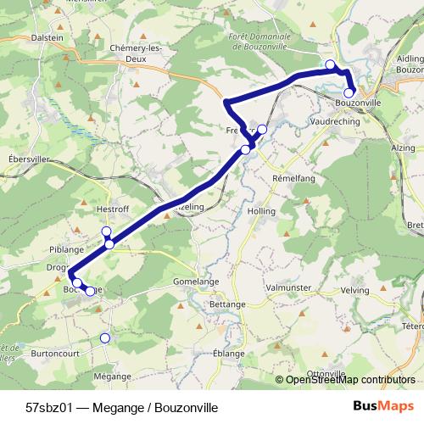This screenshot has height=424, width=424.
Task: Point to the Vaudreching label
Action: tap(336, 121)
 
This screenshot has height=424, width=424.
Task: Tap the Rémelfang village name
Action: tap(293, 179)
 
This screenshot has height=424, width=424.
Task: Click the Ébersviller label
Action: tap(28, 159)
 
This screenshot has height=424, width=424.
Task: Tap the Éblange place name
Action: tap(229, 353)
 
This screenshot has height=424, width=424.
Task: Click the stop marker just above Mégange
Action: tap(105, 338)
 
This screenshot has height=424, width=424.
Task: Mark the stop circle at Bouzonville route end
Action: tap(349, 92)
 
